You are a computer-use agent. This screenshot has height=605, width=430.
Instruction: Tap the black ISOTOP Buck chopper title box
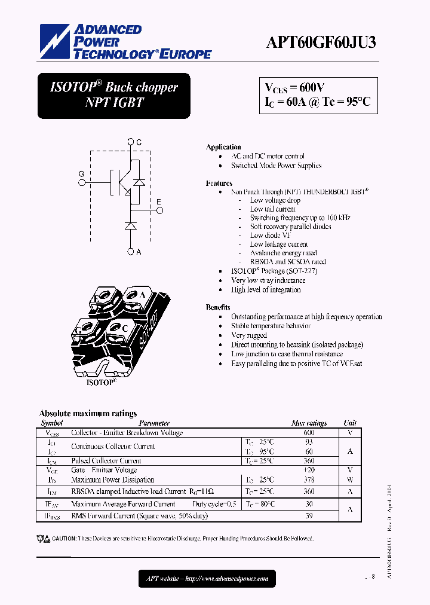click(x=114, y=95)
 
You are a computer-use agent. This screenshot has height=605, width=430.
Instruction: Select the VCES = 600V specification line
click(x=295, y=87)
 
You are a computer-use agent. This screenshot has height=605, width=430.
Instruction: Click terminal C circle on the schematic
click(x=131, y=142)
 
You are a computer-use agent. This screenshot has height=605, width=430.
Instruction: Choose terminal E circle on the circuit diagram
click(x=159, y=210)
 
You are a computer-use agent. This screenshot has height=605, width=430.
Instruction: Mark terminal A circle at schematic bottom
click(x=131, y=252)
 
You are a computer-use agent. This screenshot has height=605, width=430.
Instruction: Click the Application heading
click(x=223, y=147)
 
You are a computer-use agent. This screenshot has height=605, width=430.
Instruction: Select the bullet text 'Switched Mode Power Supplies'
click(x=276, y=166)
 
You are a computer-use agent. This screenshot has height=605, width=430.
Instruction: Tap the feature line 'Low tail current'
click(x=272, y=209)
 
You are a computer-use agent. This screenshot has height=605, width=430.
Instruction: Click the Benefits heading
click(x=218, y=307)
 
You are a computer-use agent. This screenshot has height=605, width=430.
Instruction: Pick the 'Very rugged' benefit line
click(x=250, y=335)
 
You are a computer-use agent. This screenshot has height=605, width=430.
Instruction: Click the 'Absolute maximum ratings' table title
click(x=88, y=413)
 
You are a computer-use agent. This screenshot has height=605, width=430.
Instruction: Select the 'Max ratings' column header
click(x=309, y=423)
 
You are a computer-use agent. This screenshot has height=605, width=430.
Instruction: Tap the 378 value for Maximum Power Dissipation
click(x=309, y=479)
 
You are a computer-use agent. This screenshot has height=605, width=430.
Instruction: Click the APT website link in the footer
click(x=207, y=578)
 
